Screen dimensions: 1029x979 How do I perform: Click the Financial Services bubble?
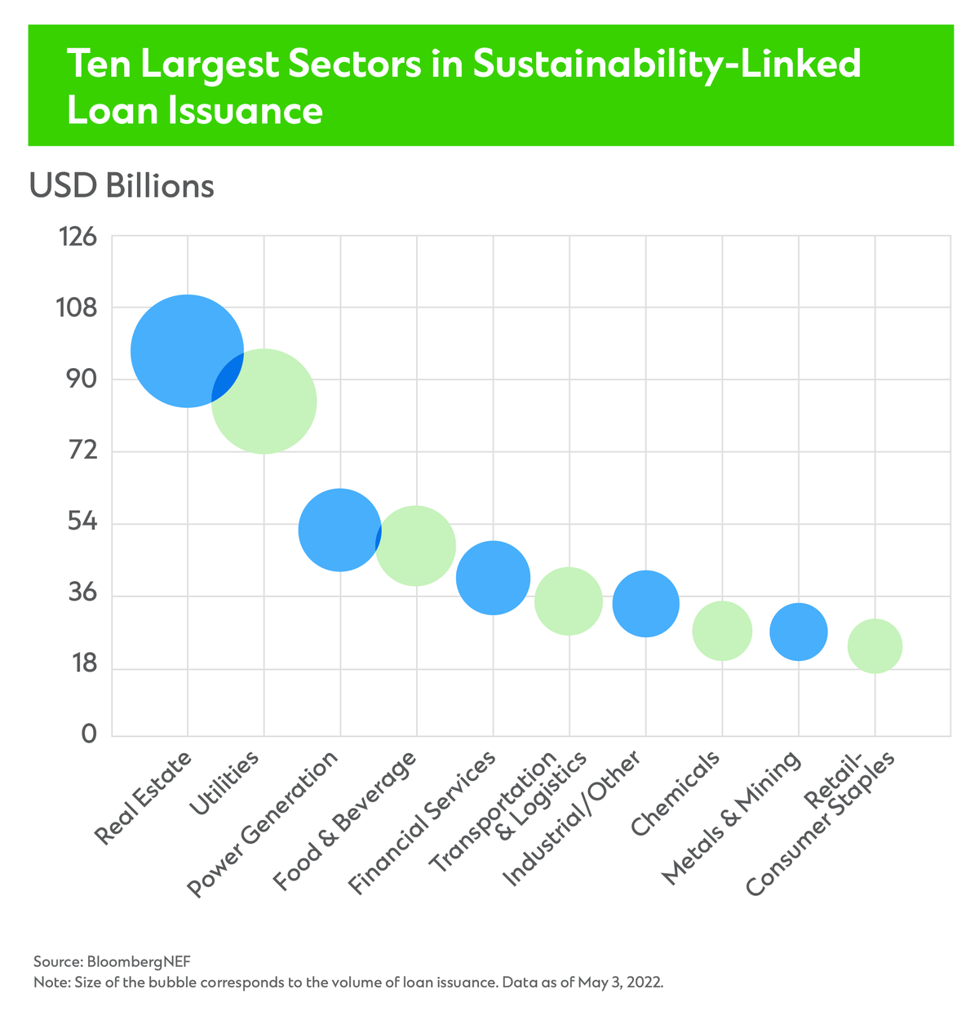click(493, 578)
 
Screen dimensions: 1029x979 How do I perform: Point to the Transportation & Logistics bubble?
click(569, 601)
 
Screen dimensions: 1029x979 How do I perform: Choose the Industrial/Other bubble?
click(645, 604)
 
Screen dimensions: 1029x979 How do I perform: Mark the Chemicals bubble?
click(722, 631)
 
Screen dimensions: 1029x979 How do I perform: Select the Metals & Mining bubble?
click(799, 632)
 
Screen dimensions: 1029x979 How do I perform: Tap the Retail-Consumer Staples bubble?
click(875, 646)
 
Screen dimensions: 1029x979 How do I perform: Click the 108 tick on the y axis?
click(77, 308)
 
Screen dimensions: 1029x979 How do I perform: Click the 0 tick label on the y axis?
click(89, 735)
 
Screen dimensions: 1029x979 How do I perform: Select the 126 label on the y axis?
click(77, 237)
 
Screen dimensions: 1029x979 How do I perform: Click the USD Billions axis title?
click(122, 186)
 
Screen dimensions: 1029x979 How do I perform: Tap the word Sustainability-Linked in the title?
click(649, 64)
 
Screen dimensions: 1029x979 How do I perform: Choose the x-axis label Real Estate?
click(144, 799)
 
